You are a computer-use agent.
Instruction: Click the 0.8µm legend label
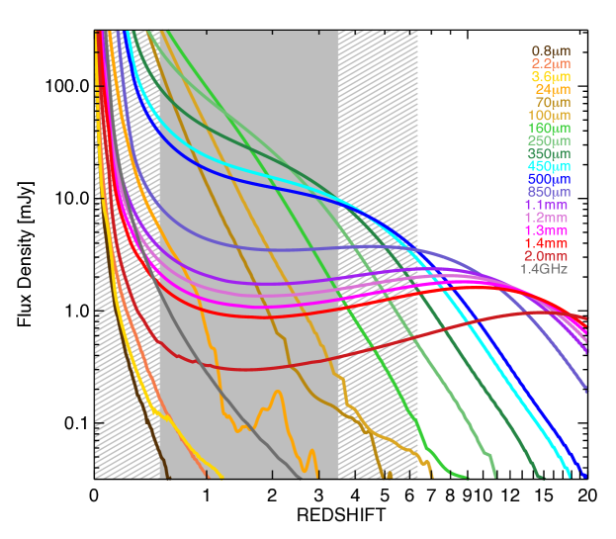(x=550, y=50)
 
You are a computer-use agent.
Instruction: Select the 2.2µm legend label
(x=550, y=63)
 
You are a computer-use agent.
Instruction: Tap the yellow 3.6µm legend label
(x=550, y=76)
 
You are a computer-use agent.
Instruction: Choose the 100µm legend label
(x=549, y=115)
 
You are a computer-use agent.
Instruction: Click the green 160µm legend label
(x=549, y=128)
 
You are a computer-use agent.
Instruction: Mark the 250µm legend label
(x=549, y=140)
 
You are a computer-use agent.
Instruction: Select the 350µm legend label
(x=549, y=153)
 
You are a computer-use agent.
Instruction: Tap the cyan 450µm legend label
(x=549, y=166)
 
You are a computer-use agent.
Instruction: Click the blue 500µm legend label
(x=549, y=179)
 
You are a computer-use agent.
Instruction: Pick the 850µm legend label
(x=549, y=192)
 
